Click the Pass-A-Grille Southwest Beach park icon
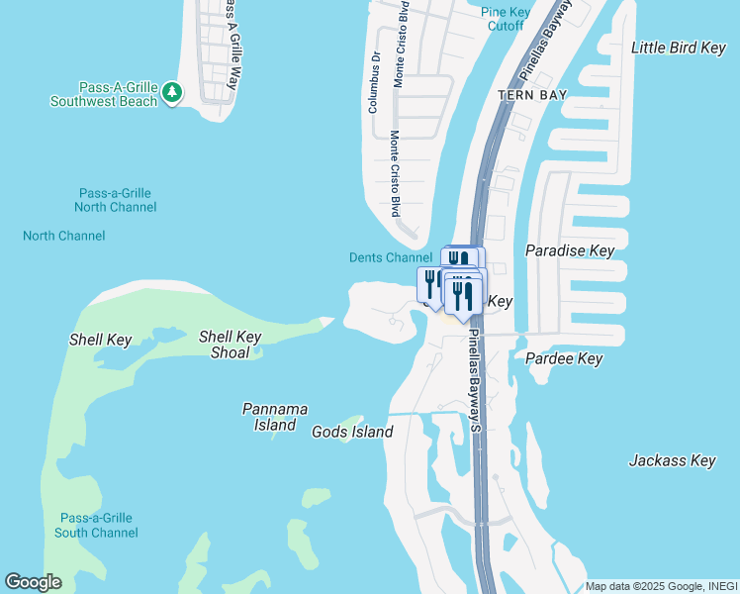tap(173, 92)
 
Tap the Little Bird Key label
tap(679, 48)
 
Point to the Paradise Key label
tap(570, 250)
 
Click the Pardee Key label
tap(564, 358)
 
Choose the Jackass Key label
tap(672, 460)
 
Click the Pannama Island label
tap(274, 417)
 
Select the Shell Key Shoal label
tap(230, 345)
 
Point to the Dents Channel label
tap(391, 257)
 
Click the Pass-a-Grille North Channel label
tap(116, 200)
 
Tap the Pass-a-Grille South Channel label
tap(96, 526)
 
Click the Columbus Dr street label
tap(375, 84)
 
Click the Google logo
tap(33, 582)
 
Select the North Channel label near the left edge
tap(64, 236)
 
